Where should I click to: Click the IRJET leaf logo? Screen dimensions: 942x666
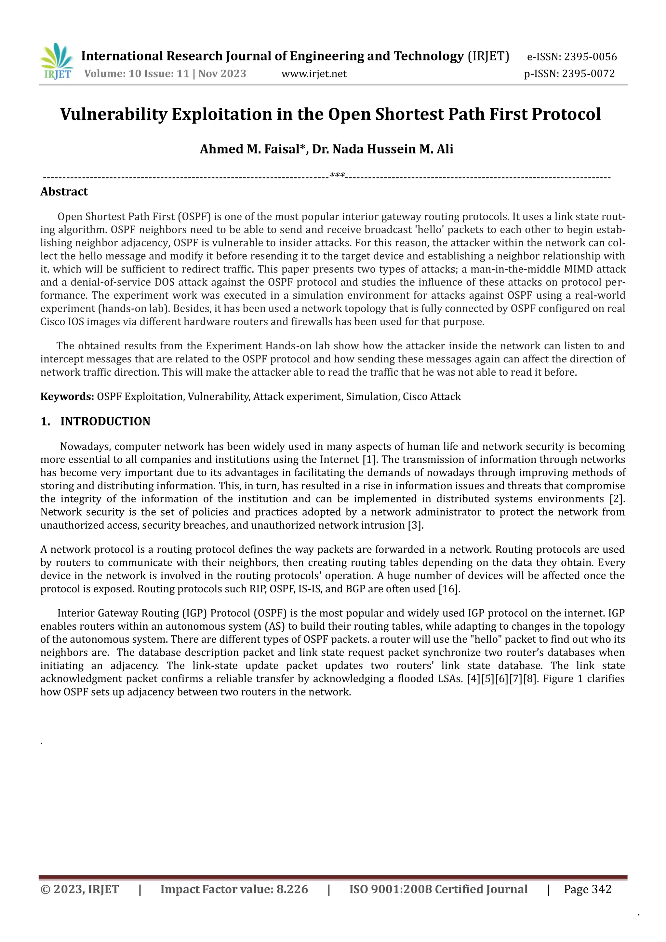[x=57, y=61]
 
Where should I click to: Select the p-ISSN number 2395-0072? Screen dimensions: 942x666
[x=588, y=74]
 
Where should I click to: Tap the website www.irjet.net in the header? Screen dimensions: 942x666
[x=314, y=74]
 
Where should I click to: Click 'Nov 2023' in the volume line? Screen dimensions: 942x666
[x=222, y=74]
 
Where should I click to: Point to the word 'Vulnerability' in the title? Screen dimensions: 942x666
[x=113, y=114]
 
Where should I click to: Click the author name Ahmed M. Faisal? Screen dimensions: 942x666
[x=253, y=149]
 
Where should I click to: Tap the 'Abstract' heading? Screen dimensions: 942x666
[x=64, y=192]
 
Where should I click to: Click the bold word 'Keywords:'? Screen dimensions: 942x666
[x=67, y=397]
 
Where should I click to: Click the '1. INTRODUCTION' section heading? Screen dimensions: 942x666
[x=96, y=421]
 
